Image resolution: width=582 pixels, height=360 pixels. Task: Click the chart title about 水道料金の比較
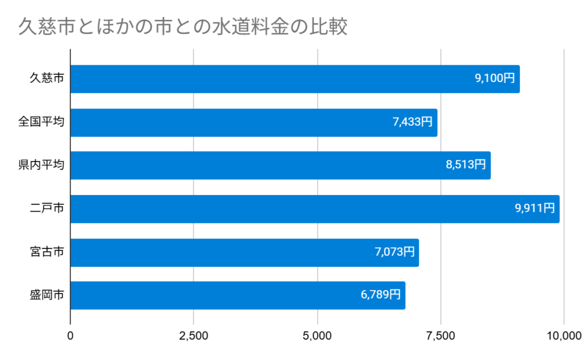pos(182,27)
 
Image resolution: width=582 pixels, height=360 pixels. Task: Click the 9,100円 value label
pos(494,78)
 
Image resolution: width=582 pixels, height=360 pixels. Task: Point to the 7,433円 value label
pos(412,122)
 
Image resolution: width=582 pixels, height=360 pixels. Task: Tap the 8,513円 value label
pos(465,165)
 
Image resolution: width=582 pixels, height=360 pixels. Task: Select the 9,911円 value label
pos(535,208)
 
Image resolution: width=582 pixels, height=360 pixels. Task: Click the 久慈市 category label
pos(47,79)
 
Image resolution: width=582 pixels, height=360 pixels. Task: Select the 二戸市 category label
pos(47,209)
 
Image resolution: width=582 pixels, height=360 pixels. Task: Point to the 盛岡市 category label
pos(47,296)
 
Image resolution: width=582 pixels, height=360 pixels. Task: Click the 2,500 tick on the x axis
pos(194,336)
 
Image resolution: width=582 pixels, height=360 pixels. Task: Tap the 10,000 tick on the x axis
pos(563,336)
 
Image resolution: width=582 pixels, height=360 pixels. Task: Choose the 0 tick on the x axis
pos(70,336)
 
